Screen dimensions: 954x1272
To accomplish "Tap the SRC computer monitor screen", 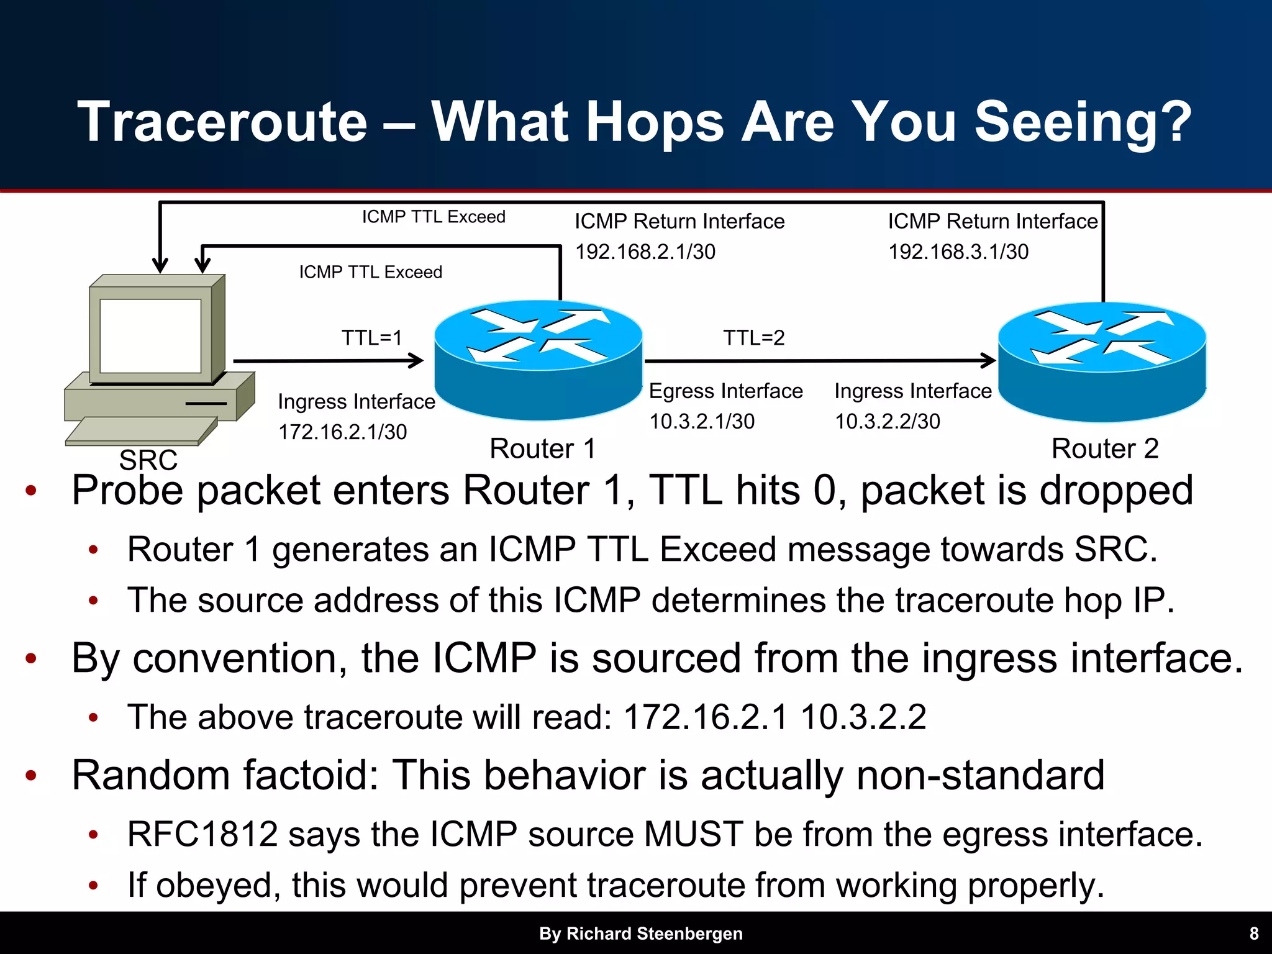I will pos(150,335).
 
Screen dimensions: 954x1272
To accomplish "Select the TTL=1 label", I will pos(372,338).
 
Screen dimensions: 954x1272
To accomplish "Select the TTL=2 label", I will pos(753,338).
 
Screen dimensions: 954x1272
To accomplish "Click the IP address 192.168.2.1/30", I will pos(645,252).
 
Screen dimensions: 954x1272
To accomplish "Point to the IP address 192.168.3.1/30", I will pos(958,252).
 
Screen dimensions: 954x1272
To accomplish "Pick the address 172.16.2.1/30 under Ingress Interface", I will pos(342,432).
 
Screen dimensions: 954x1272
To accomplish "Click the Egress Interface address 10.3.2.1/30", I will pos(701,421).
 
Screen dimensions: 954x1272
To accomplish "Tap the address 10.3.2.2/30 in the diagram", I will pos(887,421).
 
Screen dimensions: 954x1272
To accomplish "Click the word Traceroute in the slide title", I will pos(222,122).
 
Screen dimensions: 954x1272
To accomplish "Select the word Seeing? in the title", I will pos(1083,122).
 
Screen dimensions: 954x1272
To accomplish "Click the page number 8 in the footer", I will pos(1253,934).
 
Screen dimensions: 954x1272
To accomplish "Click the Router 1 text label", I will pos(542,448).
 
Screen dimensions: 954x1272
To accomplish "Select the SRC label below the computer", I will pos(148,460).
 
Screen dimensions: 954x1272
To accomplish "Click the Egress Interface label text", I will pos(725,391).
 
